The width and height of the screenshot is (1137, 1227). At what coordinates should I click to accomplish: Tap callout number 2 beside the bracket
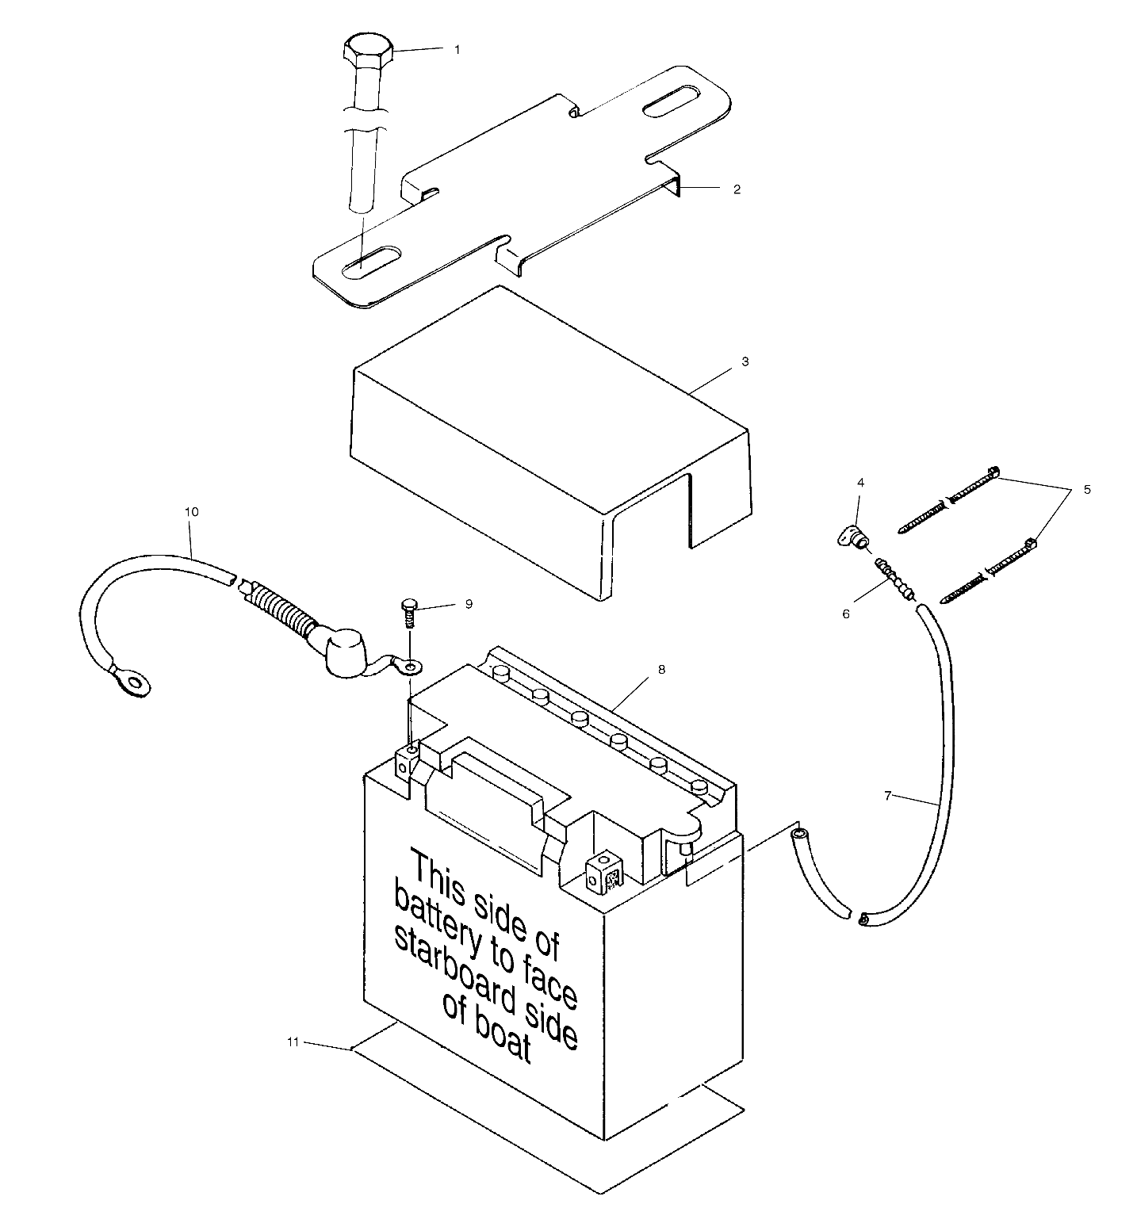point(737,189)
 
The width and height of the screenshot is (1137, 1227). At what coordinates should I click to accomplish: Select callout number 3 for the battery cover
point(745,361)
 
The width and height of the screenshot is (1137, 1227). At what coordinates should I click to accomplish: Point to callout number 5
point(1087,490)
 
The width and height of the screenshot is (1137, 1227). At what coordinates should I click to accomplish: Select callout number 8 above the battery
point(661,670)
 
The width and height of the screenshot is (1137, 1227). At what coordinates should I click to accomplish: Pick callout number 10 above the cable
point(192,512)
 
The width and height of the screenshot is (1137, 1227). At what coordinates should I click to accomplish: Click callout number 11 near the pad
point(293,1042)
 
